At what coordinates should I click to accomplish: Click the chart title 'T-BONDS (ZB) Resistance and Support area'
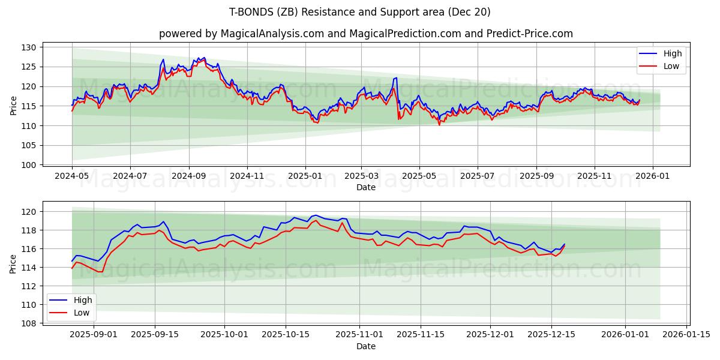tap(360, 12)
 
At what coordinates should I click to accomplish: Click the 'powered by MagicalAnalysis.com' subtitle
tap(366, 34)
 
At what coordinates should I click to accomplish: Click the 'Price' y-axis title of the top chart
tap(14, 106)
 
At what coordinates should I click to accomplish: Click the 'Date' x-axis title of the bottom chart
tap(366, 346)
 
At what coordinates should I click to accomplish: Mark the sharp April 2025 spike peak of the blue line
tap(395, 78)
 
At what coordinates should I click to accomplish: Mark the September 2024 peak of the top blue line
tap(205, 58)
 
